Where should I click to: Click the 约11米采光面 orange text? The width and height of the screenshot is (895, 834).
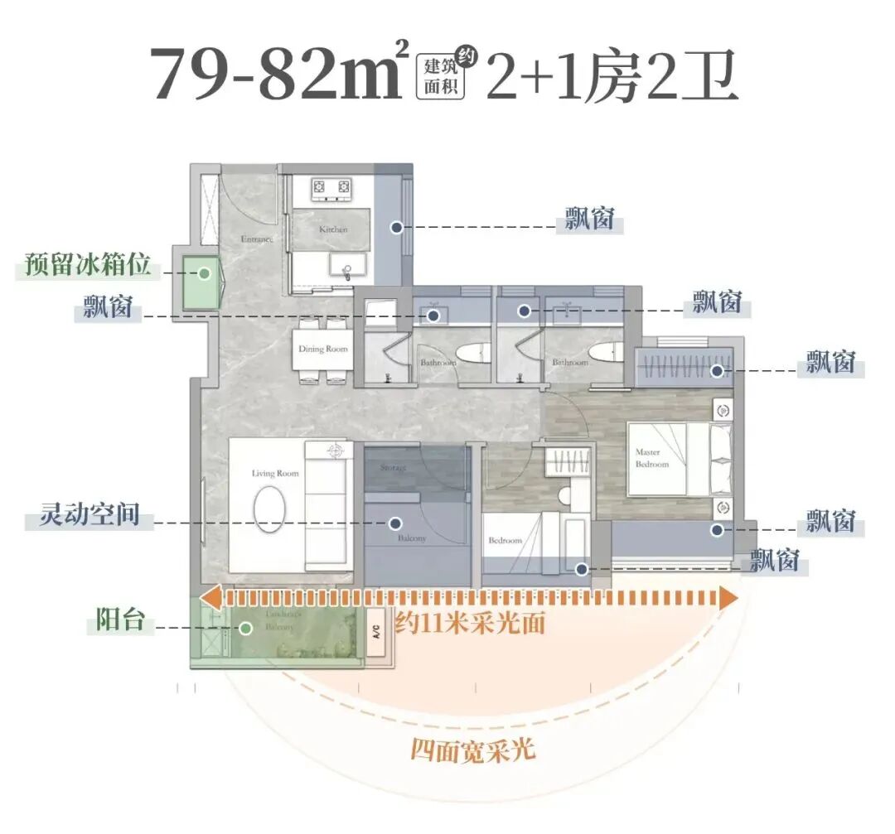(470, 623)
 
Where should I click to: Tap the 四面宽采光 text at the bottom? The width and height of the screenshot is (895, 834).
(473, 751)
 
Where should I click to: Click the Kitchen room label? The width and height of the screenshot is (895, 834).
(333, 229)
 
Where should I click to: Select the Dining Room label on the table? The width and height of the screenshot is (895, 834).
(323, 350)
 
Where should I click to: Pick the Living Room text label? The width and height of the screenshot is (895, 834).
(275, 474)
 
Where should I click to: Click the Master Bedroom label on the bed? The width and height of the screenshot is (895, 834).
(652, 458)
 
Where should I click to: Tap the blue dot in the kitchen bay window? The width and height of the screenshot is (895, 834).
(397, 226)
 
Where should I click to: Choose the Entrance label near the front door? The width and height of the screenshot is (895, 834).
(256, 239)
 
